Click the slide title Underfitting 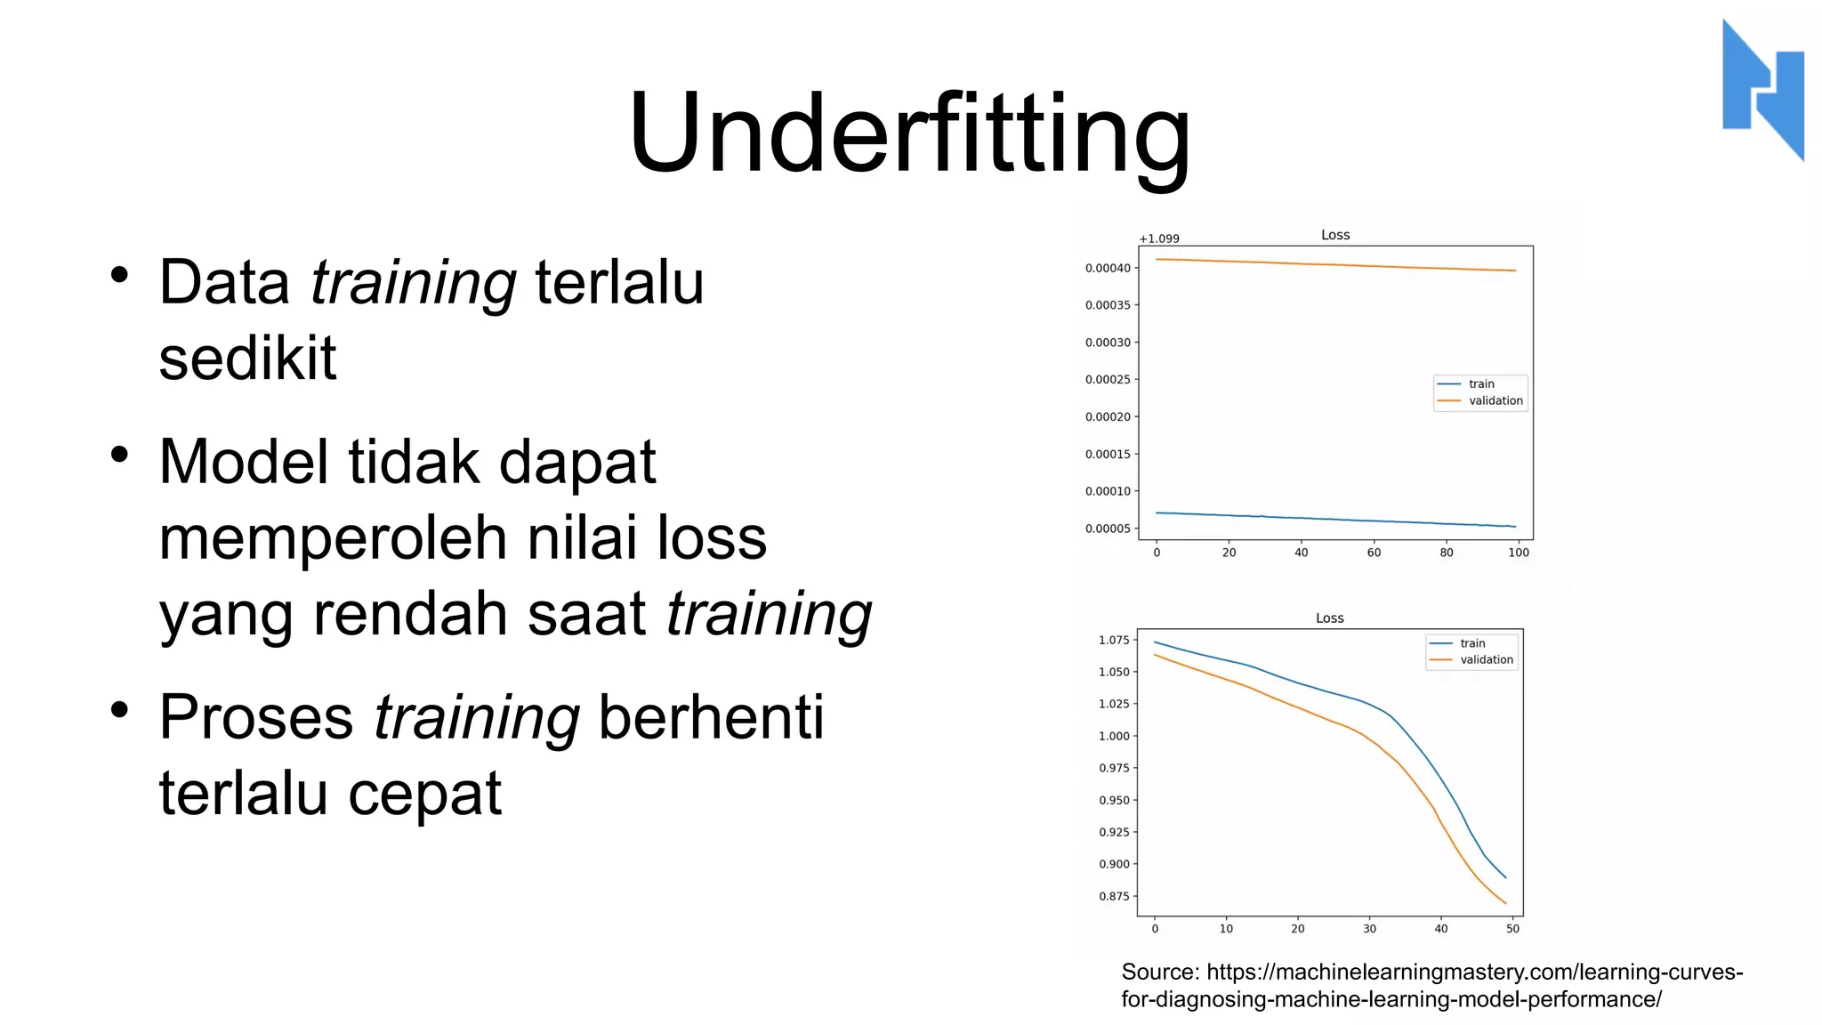(909, 133)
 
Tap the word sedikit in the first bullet (247, 358)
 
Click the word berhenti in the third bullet (711, 716)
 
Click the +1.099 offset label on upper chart (1158, 238)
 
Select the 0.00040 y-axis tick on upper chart (1108, 268)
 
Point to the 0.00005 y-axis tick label (1108, 529)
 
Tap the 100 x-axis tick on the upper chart (1518, 553)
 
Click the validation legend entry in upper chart (1495, 400)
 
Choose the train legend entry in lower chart (1471, 643)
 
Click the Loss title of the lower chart (1329, 617)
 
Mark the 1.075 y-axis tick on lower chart (1113, 640)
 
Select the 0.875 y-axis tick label (1113, 896)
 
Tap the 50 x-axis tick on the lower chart (1512, 929)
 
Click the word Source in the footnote (1160, 972)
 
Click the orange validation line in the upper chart (1334, 264)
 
